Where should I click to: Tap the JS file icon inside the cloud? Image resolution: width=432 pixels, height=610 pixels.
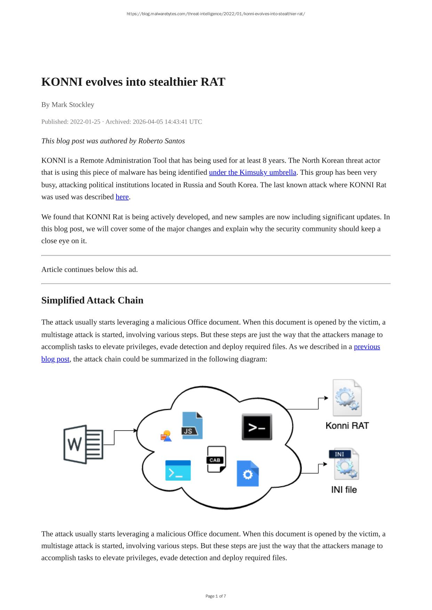coord(192,426)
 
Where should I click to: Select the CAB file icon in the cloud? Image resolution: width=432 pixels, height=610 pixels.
coord(216,459)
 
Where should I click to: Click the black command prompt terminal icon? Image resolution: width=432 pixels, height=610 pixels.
coord(257,427)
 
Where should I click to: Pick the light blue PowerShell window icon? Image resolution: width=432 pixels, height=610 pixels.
coord(178,470)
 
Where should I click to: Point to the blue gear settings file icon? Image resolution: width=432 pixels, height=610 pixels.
coord(248,473)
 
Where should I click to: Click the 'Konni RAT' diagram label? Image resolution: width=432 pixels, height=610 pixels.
coord(347,426)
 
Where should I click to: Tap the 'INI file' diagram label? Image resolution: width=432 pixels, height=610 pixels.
coord(344,489)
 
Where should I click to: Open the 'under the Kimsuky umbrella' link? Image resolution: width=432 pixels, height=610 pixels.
coord(253,172)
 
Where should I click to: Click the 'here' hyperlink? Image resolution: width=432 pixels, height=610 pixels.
coord(122,197)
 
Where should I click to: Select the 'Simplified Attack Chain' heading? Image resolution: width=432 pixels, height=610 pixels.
coord(92,300)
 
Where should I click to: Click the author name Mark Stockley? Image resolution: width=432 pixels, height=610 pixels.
coord(73,105)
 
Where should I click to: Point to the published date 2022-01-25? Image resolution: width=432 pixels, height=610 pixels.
coord(85,122)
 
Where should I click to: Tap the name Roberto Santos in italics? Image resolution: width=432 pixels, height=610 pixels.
coord(161,141)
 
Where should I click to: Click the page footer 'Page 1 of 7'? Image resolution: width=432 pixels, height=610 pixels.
coord(216,596)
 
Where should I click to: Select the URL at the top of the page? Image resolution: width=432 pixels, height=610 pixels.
coord(216,14)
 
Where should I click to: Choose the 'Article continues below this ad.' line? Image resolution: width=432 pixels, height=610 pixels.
coord(89,270)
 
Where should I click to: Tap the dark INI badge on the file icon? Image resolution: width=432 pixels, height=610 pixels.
coord(339,454)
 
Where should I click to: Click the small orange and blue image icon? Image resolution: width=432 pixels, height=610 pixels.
coord(166,436)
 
